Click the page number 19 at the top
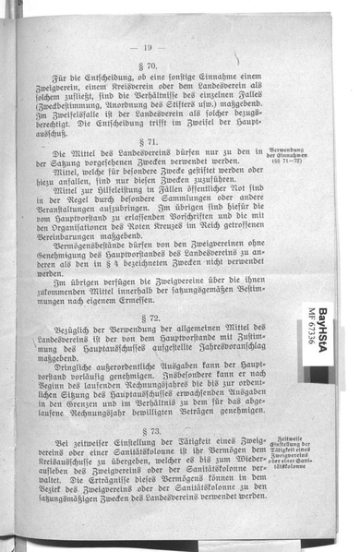(x=148, y=48)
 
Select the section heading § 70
(x=149, y=67)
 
